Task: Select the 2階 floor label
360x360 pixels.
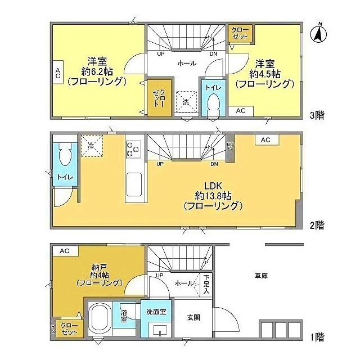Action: [x=316, y=225]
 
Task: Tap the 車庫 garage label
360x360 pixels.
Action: [x=260, y=276]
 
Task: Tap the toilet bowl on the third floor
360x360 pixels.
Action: [x=213, y=105]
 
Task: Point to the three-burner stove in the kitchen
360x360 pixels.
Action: [x=133, y=149]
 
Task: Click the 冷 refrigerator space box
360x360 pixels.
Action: [x=91, y=145]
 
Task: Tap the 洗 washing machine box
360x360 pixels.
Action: [x=186, y=102]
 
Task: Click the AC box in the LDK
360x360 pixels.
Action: [x=266, y=139]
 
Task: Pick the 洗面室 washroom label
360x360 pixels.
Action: [x=157, y=311]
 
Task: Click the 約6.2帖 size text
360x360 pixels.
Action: [x=96, y=71]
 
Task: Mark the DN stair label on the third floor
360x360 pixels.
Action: [x=213, y=54]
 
